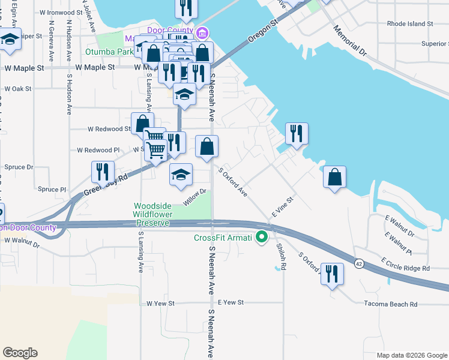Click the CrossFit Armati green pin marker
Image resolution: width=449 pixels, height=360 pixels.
(261, 238)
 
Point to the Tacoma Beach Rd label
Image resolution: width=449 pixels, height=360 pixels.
(390, 304)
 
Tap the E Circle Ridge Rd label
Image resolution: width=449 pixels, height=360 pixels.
(405, 264)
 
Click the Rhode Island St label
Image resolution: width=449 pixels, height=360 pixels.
(410, 24)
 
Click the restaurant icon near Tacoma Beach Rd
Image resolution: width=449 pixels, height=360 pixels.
(331, 274)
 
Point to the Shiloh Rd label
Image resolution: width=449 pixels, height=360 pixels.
(280, 256)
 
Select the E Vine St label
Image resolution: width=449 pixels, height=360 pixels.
(282, 206)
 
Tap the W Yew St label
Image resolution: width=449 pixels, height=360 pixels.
(160, 304)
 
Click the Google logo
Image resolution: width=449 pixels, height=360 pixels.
(20, 353)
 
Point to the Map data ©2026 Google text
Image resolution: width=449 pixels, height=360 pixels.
(411, 355)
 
